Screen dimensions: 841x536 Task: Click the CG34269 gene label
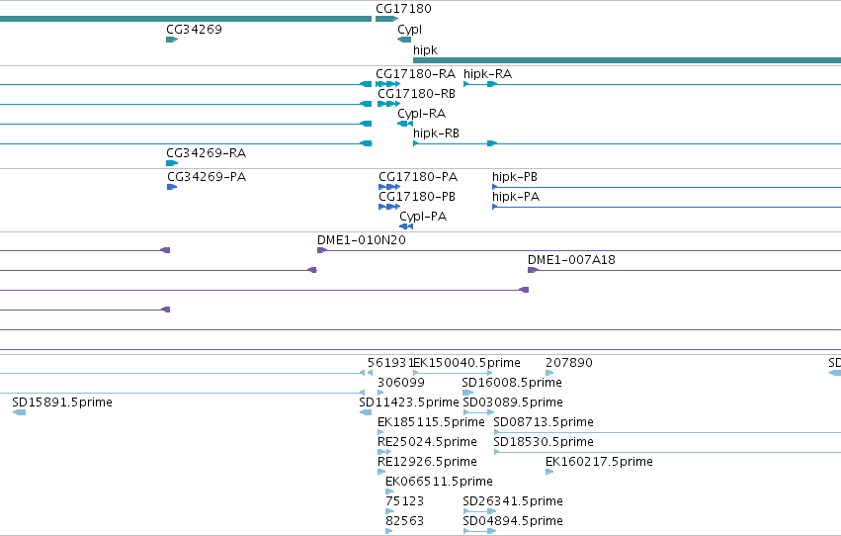194,30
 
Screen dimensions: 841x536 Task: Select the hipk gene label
425,49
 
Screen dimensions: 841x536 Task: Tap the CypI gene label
410,30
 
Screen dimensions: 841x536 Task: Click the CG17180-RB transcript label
416,93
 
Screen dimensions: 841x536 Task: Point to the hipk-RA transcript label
487,73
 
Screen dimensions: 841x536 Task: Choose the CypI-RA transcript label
422,113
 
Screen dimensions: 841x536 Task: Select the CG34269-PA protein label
207,176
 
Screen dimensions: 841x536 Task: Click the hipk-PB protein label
515,176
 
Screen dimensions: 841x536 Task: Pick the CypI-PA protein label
423,217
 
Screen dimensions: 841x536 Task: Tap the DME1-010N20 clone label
362,240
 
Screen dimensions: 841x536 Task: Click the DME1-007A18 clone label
572,260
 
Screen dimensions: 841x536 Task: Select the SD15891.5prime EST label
62,402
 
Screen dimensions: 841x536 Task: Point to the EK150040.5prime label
466,363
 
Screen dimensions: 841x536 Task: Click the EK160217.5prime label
599,462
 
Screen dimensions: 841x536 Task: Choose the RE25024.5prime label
428,442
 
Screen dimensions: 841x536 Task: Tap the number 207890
569,363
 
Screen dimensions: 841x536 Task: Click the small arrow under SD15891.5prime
20,412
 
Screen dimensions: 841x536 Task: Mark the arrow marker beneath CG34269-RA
172,163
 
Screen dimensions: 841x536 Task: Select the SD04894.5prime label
513,520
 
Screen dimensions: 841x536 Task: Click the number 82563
405,520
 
